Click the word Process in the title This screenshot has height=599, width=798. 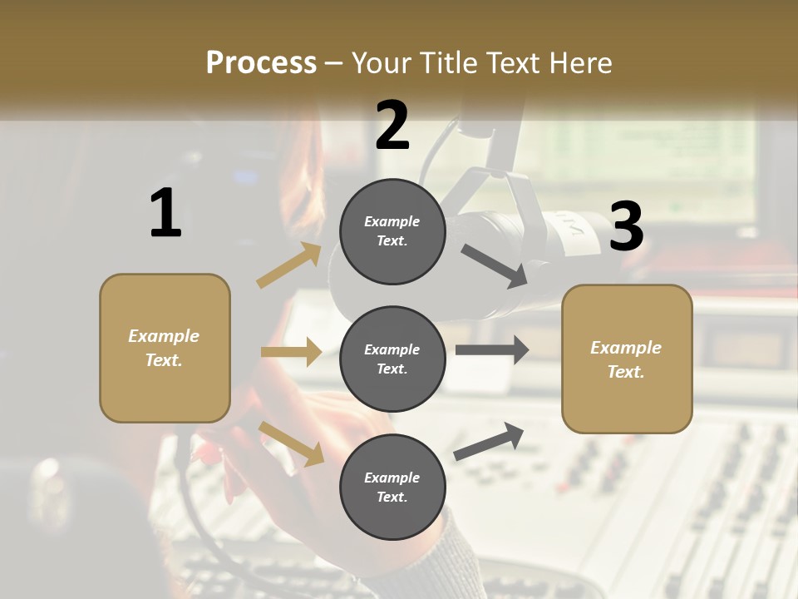[x=261, y=63]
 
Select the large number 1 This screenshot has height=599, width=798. [x=165, y=214]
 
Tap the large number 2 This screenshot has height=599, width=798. [x=392, y=126]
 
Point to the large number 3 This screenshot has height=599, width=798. [x=627, y=226]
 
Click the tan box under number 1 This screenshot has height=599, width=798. [x=165, y=348]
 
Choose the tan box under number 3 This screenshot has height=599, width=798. [x=627, y=359]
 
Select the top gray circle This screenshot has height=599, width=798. [x=392, y=231]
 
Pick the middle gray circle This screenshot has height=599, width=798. [x=392, y=359]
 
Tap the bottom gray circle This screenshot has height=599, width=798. [x=392, y=487]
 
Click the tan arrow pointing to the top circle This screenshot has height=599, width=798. [x=289, y=265]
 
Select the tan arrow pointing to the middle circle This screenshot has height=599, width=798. [x=291, y=352]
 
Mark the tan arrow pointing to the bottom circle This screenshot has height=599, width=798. [x=291, y=443]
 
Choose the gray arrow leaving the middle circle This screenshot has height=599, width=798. [x=492, y=350]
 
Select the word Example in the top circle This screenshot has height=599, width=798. [x=392, y=221]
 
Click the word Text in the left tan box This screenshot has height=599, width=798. [x=163, y=360]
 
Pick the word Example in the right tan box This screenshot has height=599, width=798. [x=626, y=348]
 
